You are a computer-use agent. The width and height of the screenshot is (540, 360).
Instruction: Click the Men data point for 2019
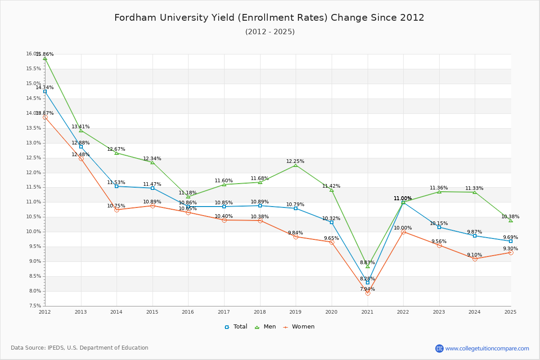tap(296, 165)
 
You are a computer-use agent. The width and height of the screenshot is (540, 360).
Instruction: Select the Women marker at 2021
tap(368, 293)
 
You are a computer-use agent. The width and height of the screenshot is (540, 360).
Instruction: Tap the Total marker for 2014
tap(117, 186)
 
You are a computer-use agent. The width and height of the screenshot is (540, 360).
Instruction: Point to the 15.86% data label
tap(45, 54)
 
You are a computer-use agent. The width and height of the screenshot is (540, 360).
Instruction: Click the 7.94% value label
tap(367, 289)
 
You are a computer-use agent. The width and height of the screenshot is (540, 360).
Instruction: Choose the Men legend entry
tap(263, 327)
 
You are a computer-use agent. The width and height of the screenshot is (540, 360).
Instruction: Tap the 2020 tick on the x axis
tap(332, 311)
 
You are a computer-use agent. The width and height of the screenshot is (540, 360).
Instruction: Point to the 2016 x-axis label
tap(188, 311)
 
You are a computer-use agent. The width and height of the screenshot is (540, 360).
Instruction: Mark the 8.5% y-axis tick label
tap(35, 276)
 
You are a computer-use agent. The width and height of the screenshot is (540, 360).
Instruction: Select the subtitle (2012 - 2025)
tap(270, 32)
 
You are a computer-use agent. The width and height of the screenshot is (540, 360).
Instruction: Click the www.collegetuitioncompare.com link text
tap(487, 348)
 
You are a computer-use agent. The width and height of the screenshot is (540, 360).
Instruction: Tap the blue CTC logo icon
tap(439, 348)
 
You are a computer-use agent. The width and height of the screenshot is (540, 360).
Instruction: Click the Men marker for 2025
tap(511, 220)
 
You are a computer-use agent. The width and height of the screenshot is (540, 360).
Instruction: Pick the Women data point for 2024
tap(475, 259)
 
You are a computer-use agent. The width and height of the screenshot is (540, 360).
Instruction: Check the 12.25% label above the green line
tap(295, 162)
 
